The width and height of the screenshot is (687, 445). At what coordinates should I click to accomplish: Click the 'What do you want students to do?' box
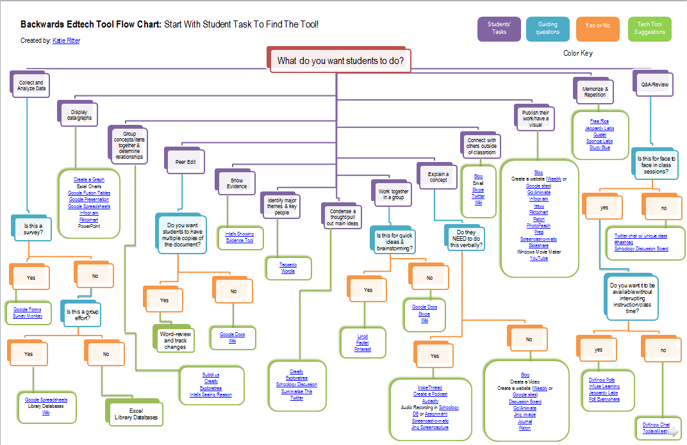click(x=340, y=61)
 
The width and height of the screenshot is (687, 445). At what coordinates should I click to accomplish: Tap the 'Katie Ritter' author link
click(x=66, y=40)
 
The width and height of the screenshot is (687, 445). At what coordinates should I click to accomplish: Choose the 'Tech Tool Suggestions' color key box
click(x=649, y=29)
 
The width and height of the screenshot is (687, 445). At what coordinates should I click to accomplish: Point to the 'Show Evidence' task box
click(x=236, y=184)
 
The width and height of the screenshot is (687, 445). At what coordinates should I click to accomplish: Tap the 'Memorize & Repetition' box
click(x=594, y=90)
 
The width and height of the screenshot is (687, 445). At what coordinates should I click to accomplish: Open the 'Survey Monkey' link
click(x=28, y=316)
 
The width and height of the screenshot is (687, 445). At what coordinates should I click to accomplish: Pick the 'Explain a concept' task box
click(x=438, y=177)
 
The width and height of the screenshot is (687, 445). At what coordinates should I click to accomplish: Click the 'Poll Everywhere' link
click(x=604, y=399)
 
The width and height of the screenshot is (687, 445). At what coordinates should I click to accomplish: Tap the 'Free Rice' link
click(x=599, y=121)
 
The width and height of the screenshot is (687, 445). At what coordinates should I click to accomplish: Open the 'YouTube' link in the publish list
click(x=538, y=258)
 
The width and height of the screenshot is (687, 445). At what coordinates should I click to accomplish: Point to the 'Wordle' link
click(x=288, y=271)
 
